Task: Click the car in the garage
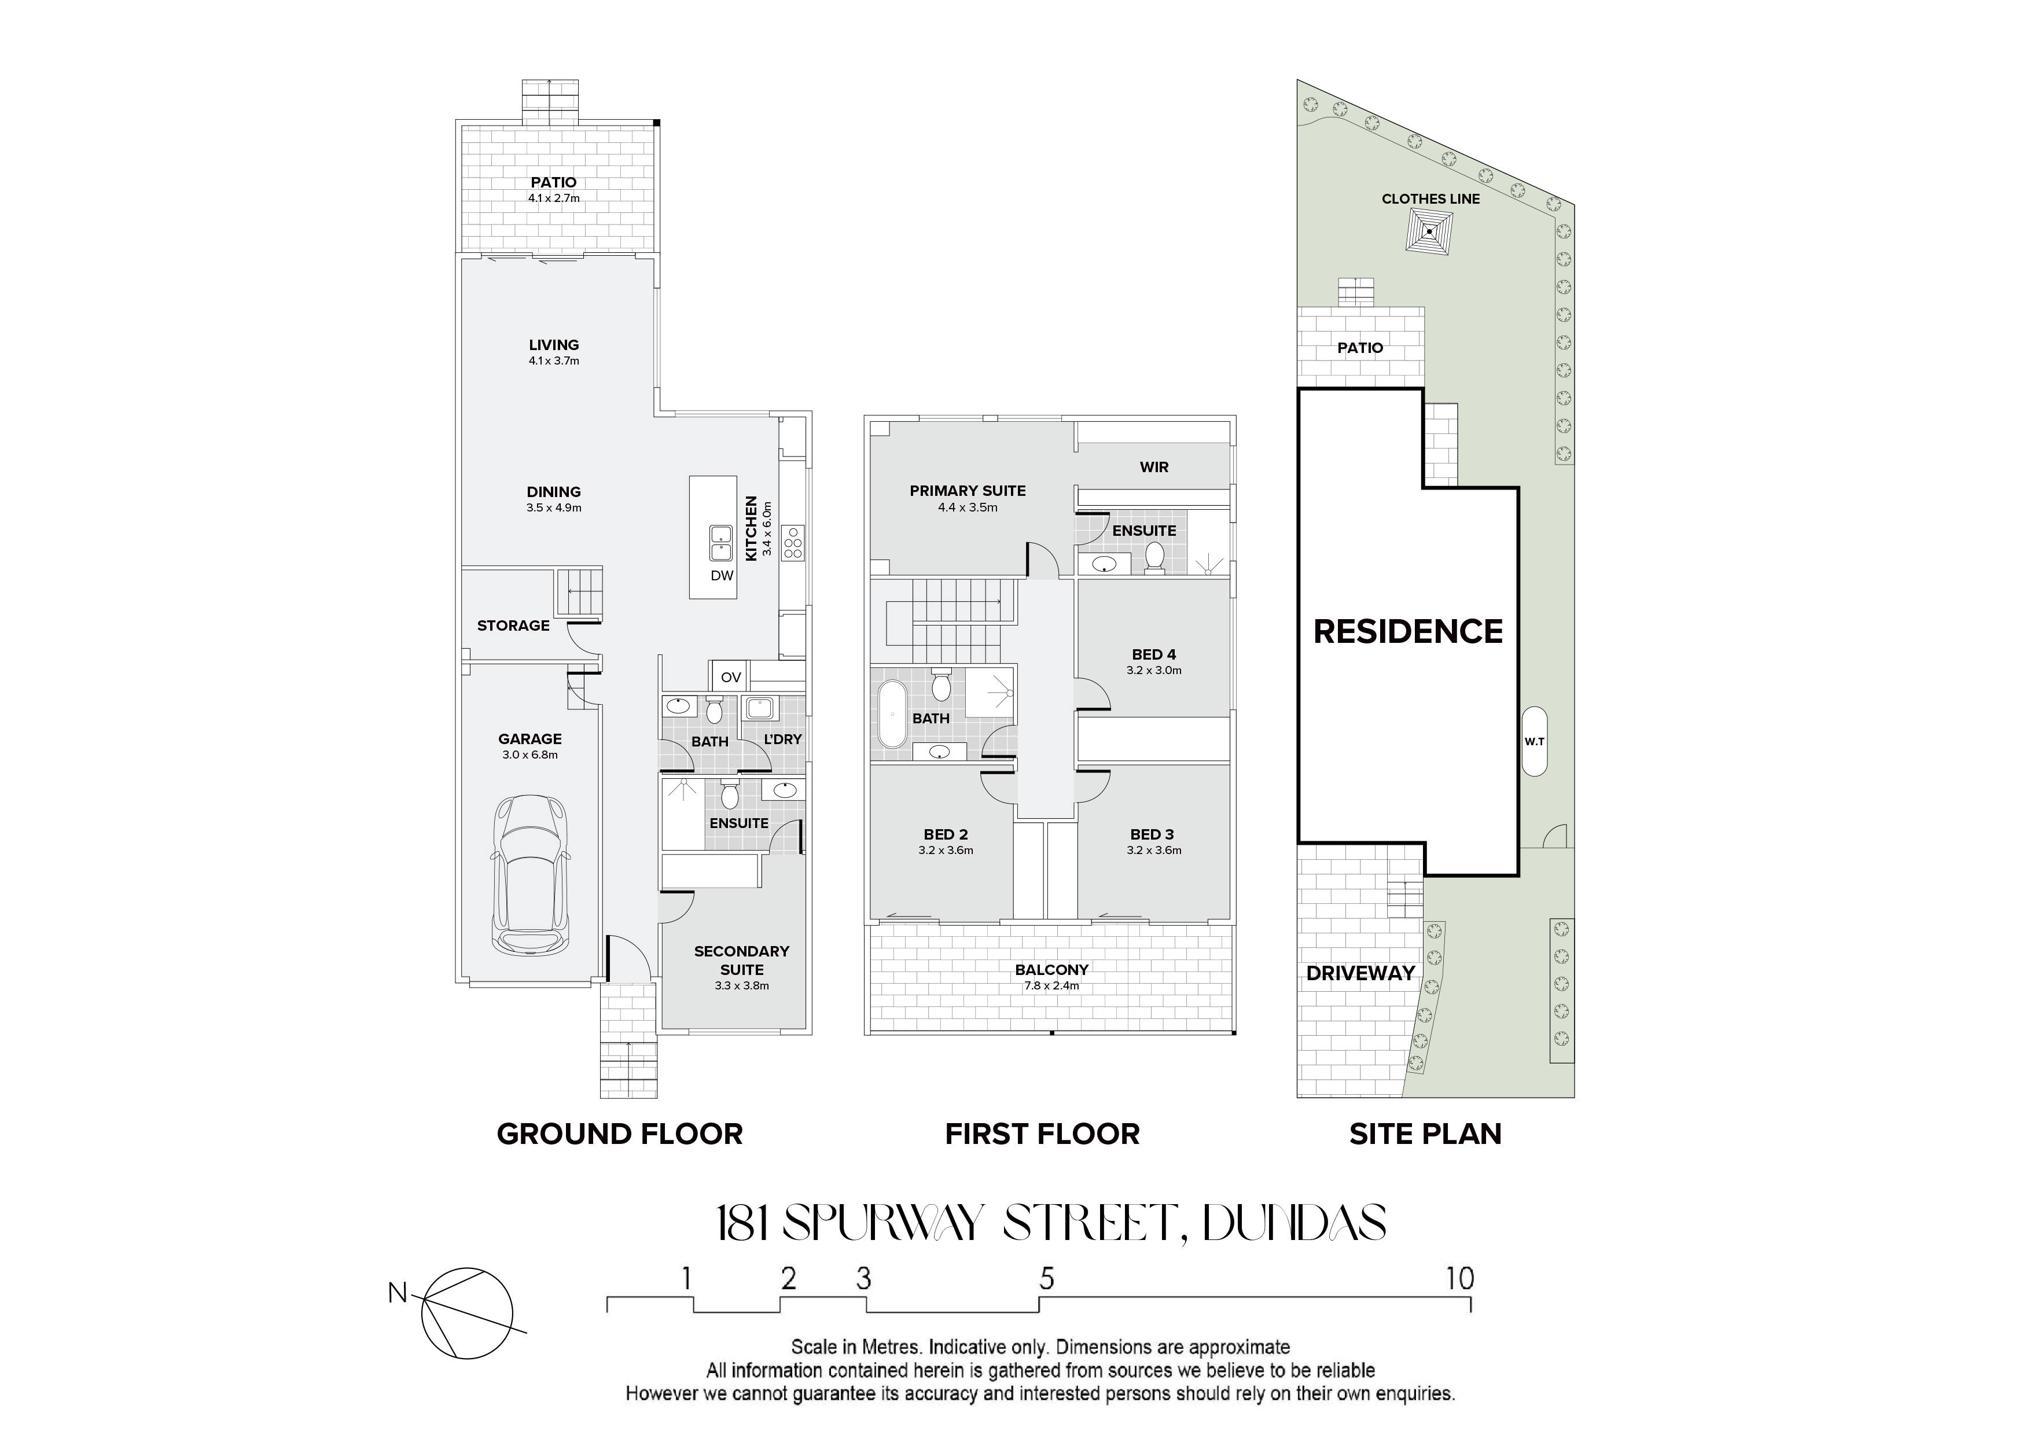click(x=531, y=874)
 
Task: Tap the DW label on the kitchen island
click(x=722, y=576)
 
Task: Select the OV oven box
click(x=730, y=677)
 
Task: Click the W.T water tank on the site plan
click(x=1535, y=741)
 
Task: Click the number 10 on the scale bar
click(x=1461, y=1279)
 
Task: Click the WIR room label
click(x=1154, y=467)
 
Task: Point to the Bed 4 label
click(x=1154, y=654)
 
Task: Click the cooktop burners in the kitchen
click(x=793, y=542)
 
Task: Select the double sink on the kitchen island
click(x=722, y=543)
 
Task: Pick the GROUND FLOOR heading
click(x=620, y=1134)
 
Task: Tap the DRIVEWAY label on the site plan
click(x=1360, y=973)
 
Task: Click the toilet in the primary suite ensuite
click(x=1154, y=558)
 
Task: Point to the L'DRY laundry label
click(x=782, y=739)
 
